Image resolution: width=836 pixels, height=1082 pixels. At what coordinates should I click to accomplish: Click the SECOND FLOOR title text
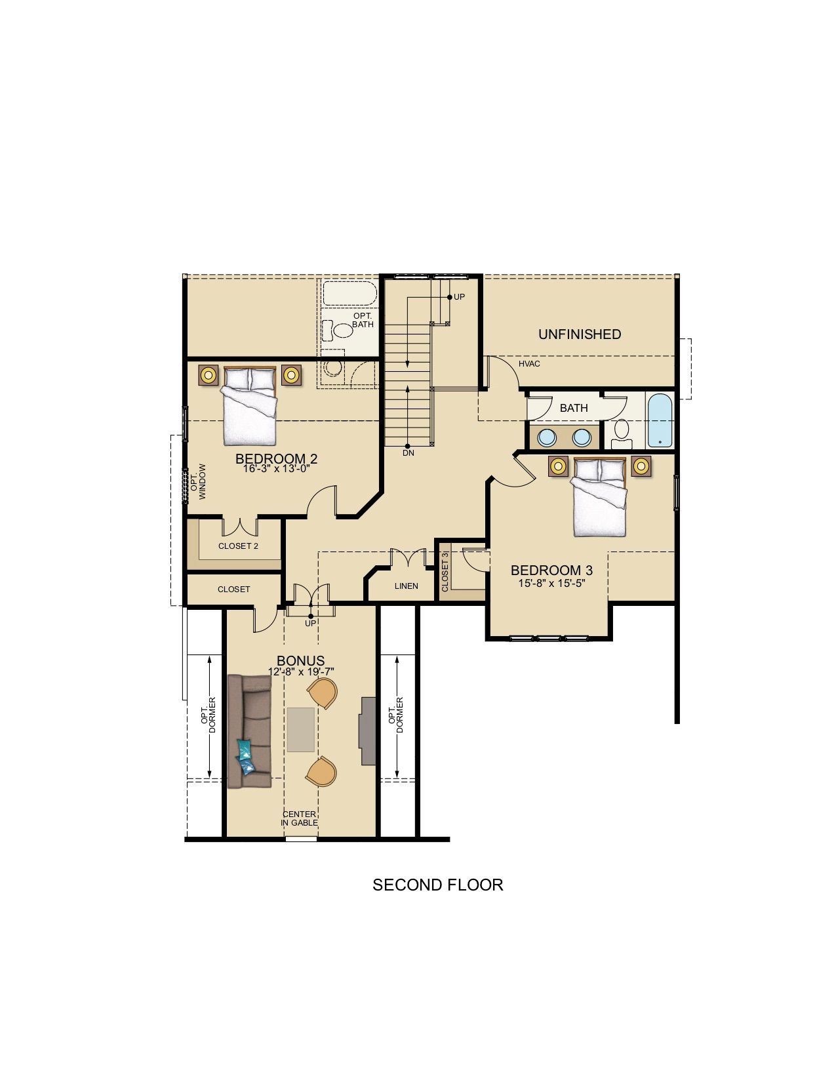coord(437,885)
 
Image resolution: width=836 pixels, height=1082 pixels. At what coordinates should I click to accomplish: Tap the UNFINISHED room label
coord(580,334)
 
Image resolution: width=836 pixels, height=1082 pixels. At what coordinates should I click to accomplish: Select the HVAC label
coord(529,364)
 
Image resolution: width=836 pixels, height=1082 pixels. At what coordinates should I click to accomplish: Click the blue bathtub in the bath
coord(660,421)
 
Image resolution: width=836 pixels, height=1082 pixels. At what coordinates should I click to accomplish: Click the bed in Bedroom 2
coord(249,406)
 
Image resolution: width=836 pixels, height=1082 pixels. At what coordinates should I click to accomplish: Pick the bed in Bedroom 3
coord(599,498)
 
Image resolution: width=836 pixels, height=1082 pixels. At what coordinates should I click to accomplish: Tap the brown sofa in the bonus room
coord(249,731)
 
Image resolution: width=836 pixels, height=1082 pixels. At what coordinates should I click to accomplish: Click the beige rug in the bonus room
coord(301,729)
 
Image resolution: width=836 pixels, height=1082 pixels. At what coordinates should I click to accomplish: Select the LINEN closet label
coord(407,586)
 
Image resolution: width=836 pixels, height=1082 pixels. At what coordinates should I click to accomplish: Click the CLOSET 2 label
coord(238,546)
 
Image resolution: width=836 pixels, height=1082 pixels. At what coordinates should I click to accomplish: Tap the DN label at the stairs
coord(408,453)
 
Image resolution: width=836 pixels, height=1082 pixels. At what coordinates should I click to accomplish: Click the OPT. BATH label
coord(363,320)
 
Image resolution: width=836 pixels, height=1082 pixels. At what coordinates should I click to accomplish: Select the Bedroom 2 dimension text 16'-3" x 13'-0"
coord(276,469)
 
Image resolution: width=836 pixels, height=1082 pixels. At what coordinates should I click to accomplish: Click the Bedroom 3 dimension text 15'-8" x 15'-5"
coord(551,582)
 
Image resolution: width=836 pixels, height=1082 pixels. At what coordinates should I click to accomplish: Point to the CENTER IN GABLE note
coord(299,818)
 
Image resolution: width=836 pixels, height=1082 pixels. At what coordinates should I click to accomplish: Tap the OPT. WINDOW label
coord(197,481)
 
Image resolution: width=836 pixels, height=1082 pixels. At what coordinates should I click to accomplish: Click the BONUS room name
coord(301,661)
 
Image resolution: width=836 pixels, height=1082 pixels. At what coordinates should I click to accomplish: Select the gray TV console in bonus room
coord(368,731)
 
